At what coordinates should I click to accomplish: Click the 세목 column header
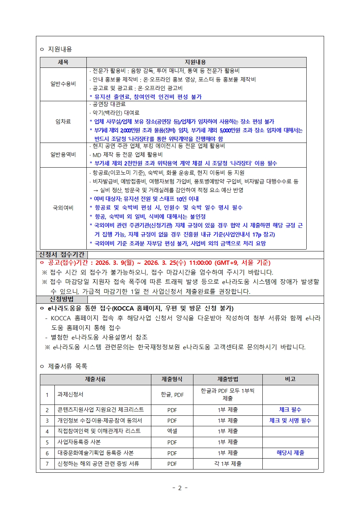click(x=63, y=62)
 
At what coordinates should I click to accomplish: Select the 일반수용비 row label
click(x=63, y=84)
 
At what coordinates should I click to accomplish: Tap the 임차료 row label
click(x=63, y=122)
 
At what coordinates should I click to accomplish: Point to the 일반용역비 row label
click(x=63, y=155)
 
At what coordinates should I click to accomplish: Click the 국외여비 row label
click(x=63, y=208)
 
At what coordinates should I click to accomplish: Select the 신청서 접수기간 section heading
click(x=62, y=255)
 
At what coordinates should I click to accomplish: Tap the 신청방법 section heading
click(x=62, y=299)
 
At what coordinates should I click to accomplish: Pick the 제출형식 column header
click(x=172, y=379)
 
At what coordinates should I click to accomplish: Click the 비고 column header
click(x=290, y=379)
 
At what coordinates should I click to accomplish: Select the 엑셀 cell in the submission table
click(x=172, y=431)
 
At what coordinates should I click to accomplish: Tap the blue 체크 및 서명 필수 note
click(x=290, y=420)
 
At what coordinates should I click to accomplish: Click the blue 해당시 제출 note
click(x=290, y=453)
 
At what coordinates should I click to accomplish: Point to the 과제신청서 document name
click(x=70, y=394)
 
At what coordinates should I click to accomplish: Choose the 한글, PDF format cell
click(x=172, y=395)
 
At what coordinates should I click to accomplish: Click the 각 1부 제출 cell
click(x=228, y=464)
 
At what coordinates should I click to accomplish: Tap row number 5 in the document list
click(x=47, y=442)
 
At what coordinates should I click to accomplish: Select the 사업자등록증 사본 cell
click(x=79, y=442)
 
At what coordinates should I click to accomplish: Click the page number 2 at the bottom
click(x=180, y=488)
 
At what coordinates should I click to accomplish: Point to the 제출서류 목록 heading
click(x=67, y=366)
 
